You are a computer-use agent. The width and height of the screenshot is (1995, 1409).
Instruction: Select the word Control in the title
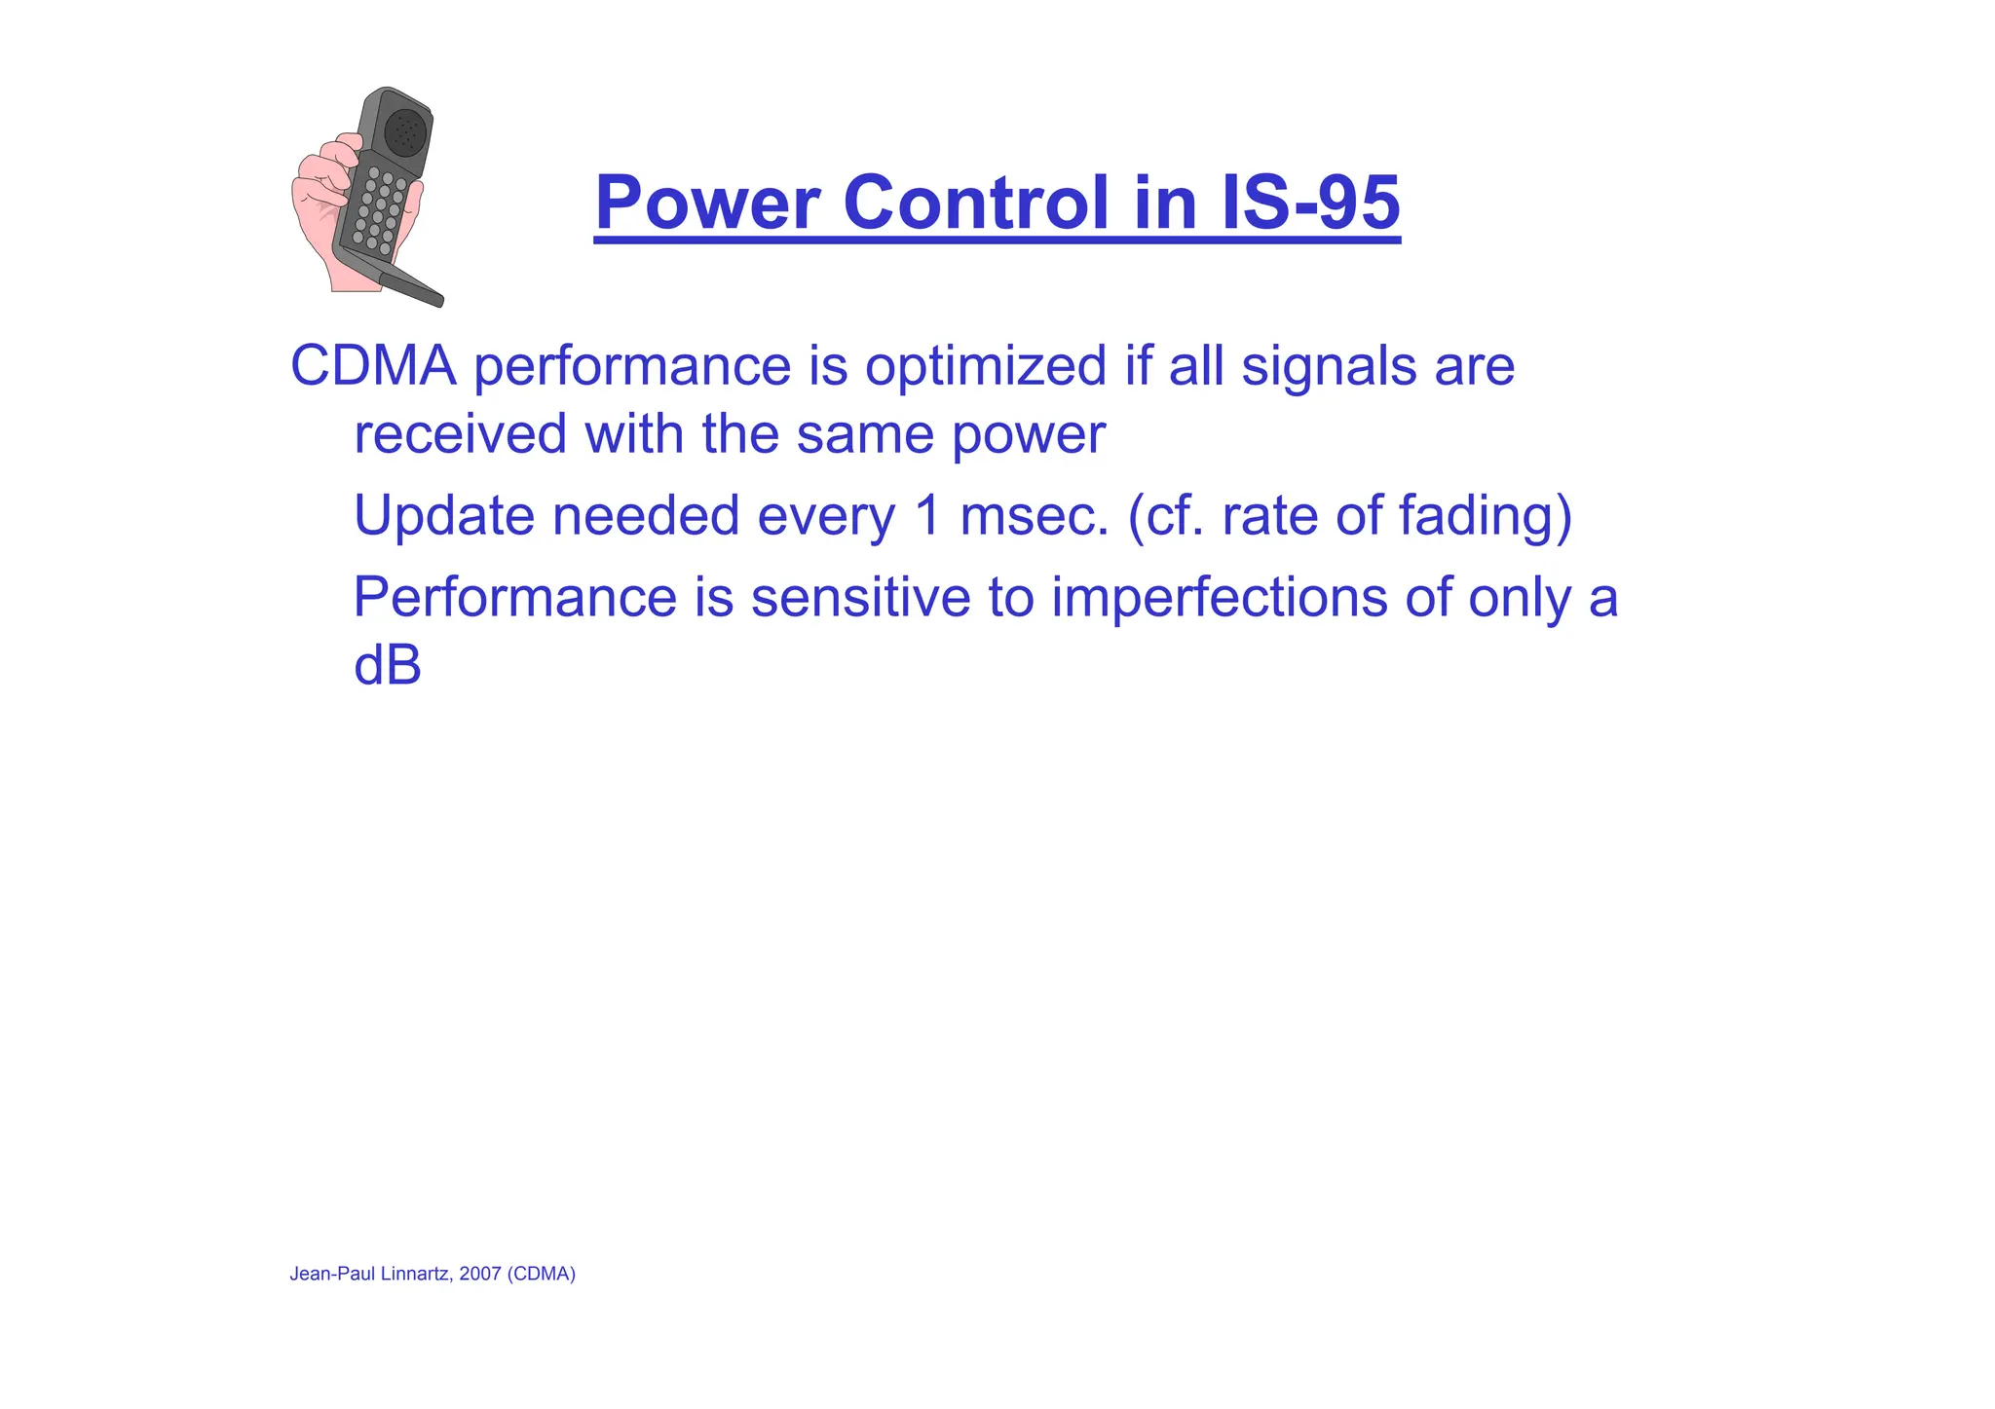pos(976,203)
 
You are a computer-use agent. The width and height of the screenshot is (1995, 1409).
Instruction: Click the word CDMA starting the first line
pos(373,366)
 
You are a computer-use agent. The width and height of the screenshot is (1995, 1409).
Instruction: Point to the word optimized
pos(986,368)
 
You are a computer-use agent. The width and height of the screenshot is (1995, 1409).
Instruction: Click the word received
pos(460,433)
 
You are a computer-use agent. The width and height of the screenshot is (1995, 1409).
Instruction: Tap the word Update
pos(444,516)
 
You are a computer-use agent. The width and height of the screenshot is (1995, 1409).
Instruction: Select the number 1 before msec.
pos(927,515)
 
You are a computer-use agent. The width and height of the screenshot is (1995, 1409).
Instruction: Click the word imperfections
pos(1219,598)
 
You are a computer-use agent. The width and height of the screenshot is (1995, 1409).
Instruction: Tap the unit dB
pos(387,666)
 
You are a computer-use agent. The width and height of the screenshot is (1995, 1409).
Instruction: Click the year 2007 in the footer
pos(479,1274)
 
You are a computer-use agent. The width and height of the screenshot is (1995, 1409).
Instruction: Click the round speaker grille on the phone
pos(405,131)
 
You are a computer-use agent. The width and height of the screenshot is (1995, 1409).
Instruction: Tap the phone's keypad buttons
pos(379,210)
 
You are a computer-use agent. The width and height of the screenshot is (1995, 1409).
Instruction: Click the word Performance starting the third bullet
pos(514,598)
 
